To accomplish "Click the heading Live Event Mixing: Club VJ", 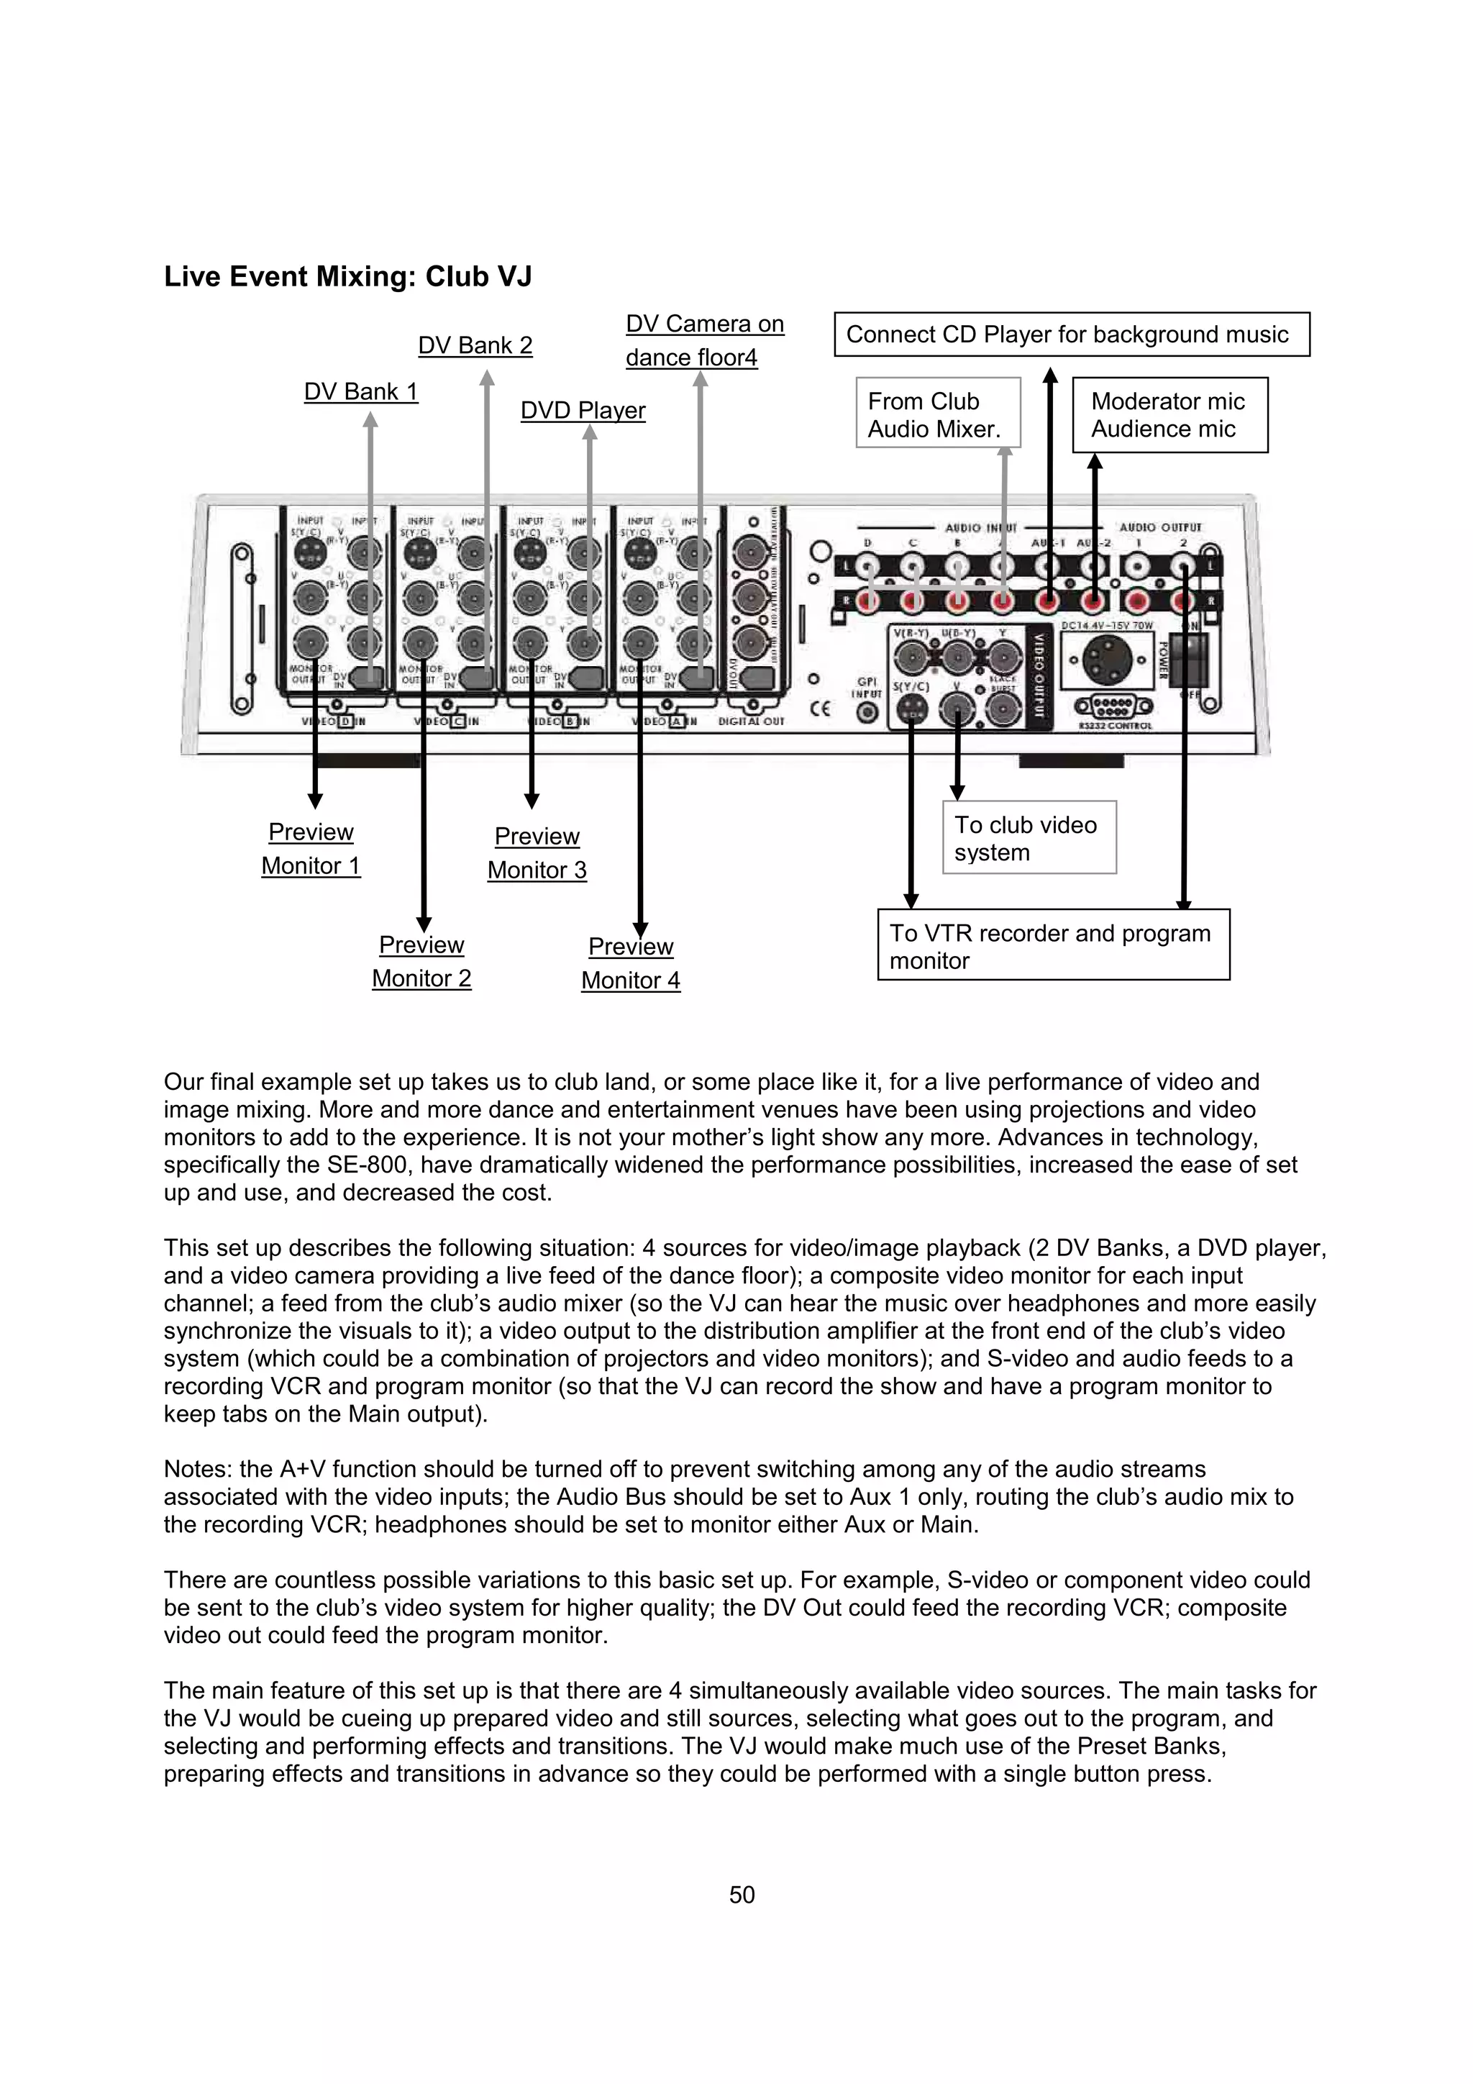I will tap(347, 276).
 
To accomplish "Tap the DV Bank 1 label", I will tap(360, 391).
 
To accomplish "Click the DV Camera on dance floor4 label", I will tap(704, 340).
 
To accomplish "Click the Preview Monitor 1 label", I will tap(311, 849).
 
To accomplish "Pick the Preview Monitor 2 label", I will tap(421, 961).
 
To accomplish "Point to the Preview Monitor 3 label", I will tap(537, 852).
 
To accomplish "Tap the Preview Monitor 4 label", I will tap(631, 963).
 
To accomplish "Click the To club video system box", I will tap(1029, 838).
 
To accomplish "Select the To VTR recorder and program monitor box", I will tap(1053, 945).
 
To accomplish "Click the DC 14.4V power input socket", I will tap(1105, 661).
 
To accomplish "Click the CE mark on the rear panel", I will tap(819, 709).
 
